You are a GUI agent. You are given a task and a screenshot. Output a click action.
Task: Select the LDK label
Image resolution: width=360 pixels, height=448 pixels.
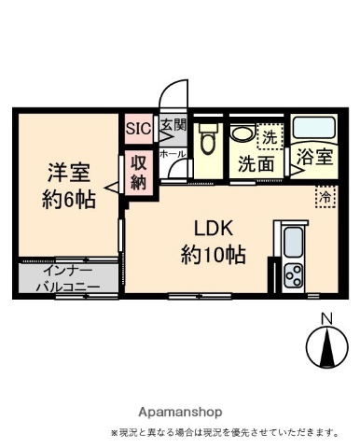click(x=213, y=228)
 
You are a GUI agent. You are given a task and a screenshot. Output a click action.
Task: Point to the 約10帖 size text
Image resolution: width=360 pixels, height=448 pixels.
click(x=213, y=252)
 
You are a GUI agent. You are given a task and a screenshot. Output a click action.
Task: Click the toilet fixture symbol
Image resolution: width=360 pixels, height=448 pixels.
click(x=208, y=142)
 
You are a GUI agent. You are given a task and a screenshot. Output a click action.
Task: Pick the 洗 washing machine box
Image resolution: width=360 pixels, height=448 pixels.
click(x=270, y=136)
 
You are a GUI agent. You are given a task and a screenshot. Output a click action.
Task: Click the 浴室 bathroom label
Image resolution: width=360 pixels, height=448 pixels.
click(x=314, y=157)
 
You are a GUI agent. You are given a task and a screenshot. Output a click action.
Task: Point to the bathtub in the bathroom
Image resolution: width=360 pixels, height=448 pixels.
click(x=313, y=128)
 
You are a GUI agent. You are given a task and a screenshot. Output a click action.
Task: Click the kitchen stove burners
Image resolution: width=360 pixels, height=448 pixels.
click(x=293, y=275)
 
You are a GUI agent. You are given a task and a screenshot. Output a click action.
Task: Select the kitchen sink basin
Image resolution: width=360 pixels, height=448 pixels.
click(x=293, y=243)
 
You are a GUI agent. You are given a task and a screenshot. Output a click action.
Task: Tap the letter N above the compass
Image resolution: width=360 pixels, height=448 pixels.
click(x=327, y=319)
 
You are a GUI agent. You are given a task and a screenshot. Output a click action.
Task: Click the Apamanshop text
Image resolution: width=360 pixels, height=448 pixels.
click(x=180, y=412)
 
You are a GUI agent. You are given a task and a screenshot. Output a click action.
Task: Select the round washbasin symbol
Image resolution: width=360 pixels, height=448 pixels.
click(x=242, y=133)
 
